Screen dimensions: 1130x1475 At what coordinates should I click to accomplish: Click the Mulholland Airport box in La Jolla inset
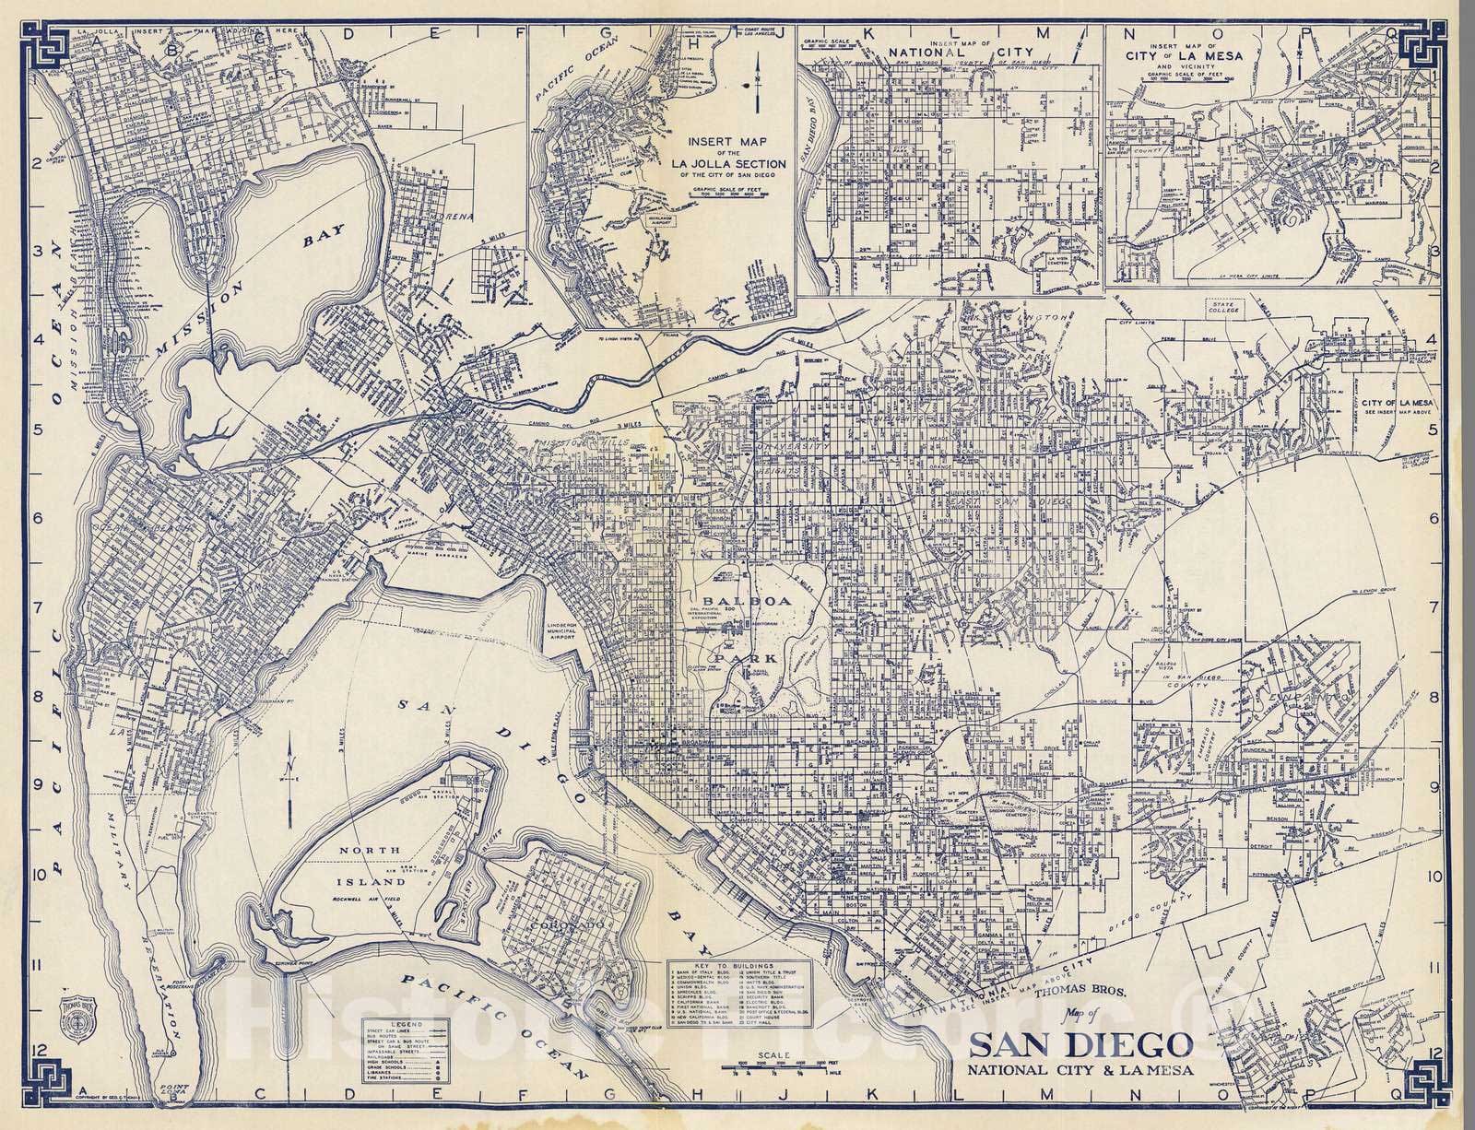coord(661,219)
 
